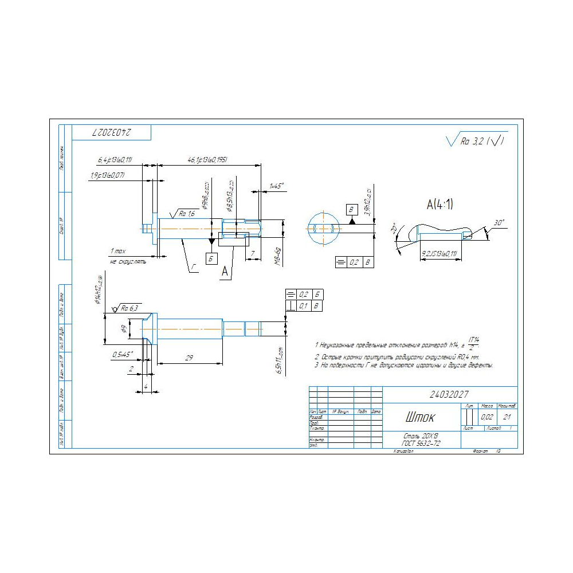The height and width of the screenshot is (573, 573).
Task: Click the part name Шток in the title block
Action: (421, 417)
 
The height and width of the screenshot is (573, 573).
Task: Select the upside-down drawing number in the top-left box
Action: (111, 132)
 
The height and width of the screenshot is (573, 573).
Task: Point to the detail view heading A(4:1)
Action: (439, 205)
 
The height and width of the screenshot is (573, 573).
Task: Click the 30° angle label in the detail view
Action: (499, 222)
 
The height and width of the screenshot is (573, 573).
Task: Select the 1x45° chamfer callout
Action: (277, 186)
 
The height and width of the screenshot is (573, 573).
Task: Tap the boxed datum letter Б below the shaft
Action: (212, 258)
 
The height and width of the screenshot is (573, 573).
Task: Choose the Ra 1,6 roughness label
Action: (187, 213)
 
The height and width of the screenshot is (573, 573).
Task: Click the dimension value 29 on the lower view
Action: (190, 358)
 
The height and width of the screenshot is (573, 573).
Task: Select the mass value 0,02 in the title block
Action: (487, 417)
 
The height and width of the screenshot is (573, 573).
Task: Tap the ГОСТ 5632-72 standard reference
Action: (421, 444)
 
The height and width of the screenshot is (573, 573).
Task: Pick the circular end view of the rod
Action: (324, 228)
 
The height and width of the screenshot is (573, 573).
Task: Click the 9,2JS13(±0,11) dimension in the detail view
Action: (438, 253)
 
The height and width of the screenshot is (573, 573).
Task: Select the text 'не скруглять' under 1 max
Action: (128, 261)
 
